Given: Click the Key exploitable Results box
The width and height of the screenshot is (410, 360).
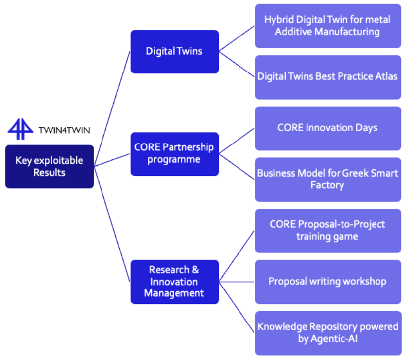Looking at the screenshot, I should coord(49,167).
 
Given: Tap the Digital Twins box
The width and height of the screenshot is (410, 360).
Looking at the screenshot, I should coord(174,51).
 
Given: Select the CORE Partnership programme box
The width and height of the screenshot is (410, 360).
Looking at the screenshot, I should coord(174,153).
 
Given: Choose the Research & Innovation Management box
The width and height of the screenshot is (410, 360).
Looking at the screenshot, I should coord(174,282).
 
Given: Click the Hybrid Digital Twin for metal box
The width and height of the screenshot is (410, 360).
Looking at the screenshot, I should coord(328,26).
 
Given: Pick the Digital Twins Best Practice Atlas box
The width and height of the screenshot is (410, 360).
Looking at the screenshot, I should coord(328,76).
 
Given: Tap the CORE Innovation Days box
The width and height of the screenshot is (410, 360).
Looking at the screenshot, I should coord(328,128).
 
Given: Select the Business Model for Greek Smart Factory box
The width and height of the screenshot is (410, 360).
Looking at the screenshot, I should coord(328,179).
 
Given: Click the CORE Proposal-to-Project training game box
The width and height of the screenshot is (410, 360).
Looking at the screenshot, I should coord(328,230).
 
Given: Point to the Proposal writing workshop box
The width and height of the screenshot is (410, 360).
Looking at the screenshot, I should coord(328,282).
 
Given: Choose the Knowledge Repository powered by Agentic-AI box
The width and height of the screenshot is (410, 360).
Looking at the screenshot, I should coord(328,333).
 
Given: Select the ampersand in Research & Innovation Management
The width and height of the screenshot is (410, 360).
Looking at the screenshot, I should coord(195,270).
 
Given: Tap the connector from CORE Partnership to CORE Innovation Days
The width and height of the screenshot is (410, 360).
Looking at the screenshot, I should coord(237,139).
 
